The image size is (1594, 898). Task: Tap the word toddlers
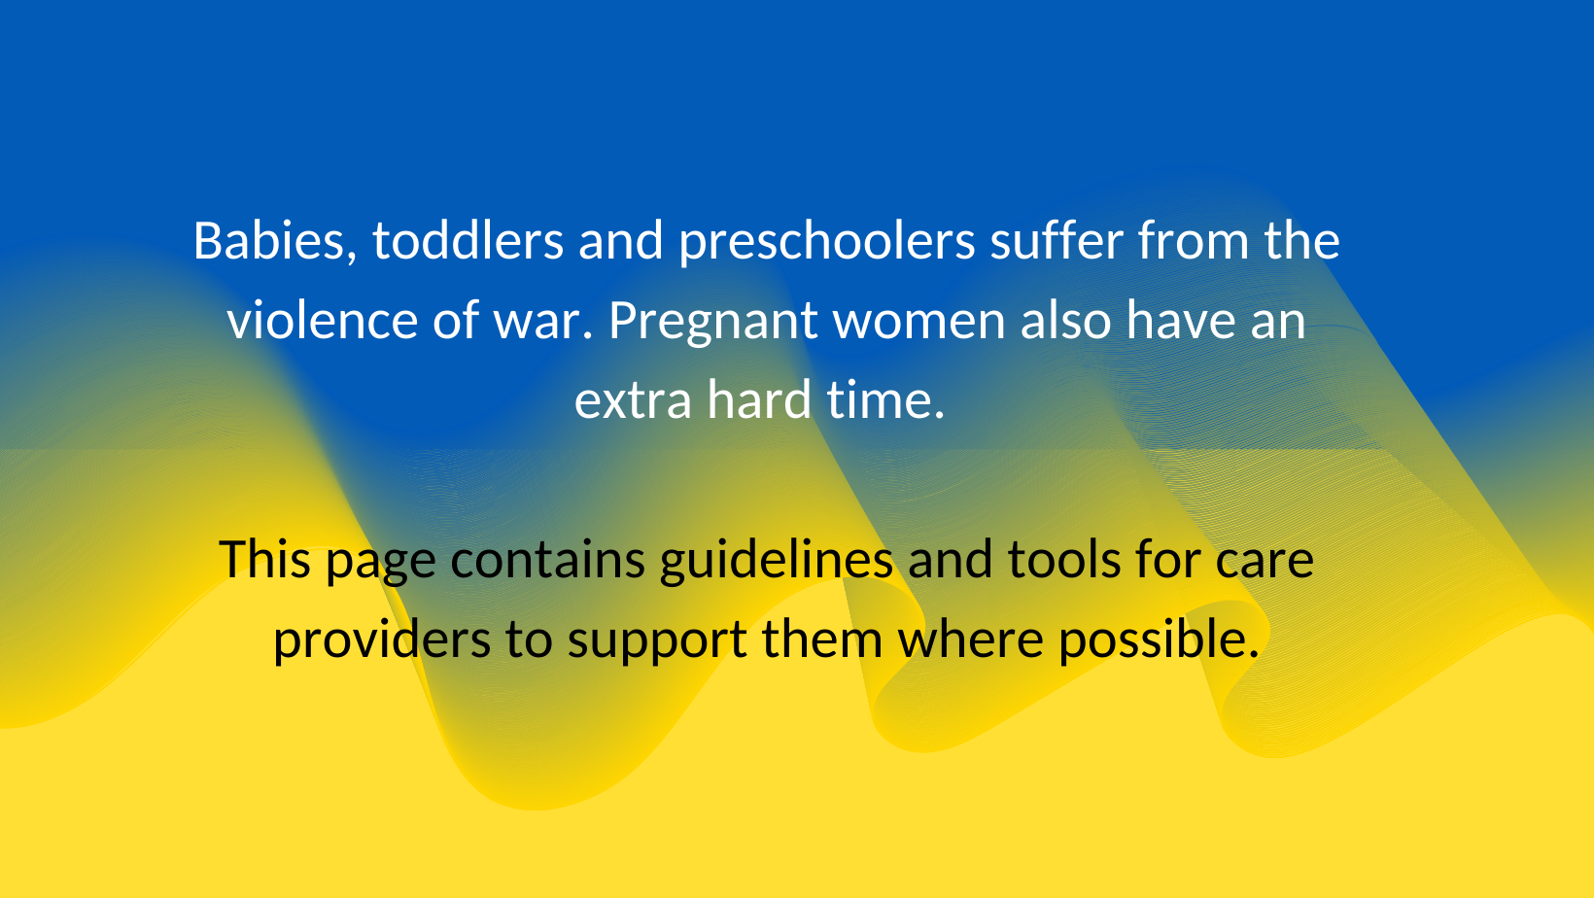(468, 240)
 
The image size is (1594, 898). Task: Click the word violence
(322, 320)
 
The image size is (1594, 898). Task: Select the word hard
(759, 398)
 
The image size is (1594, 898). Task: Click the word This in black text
(264, 559)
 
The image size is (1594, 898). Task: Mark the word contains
(548, 559)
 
